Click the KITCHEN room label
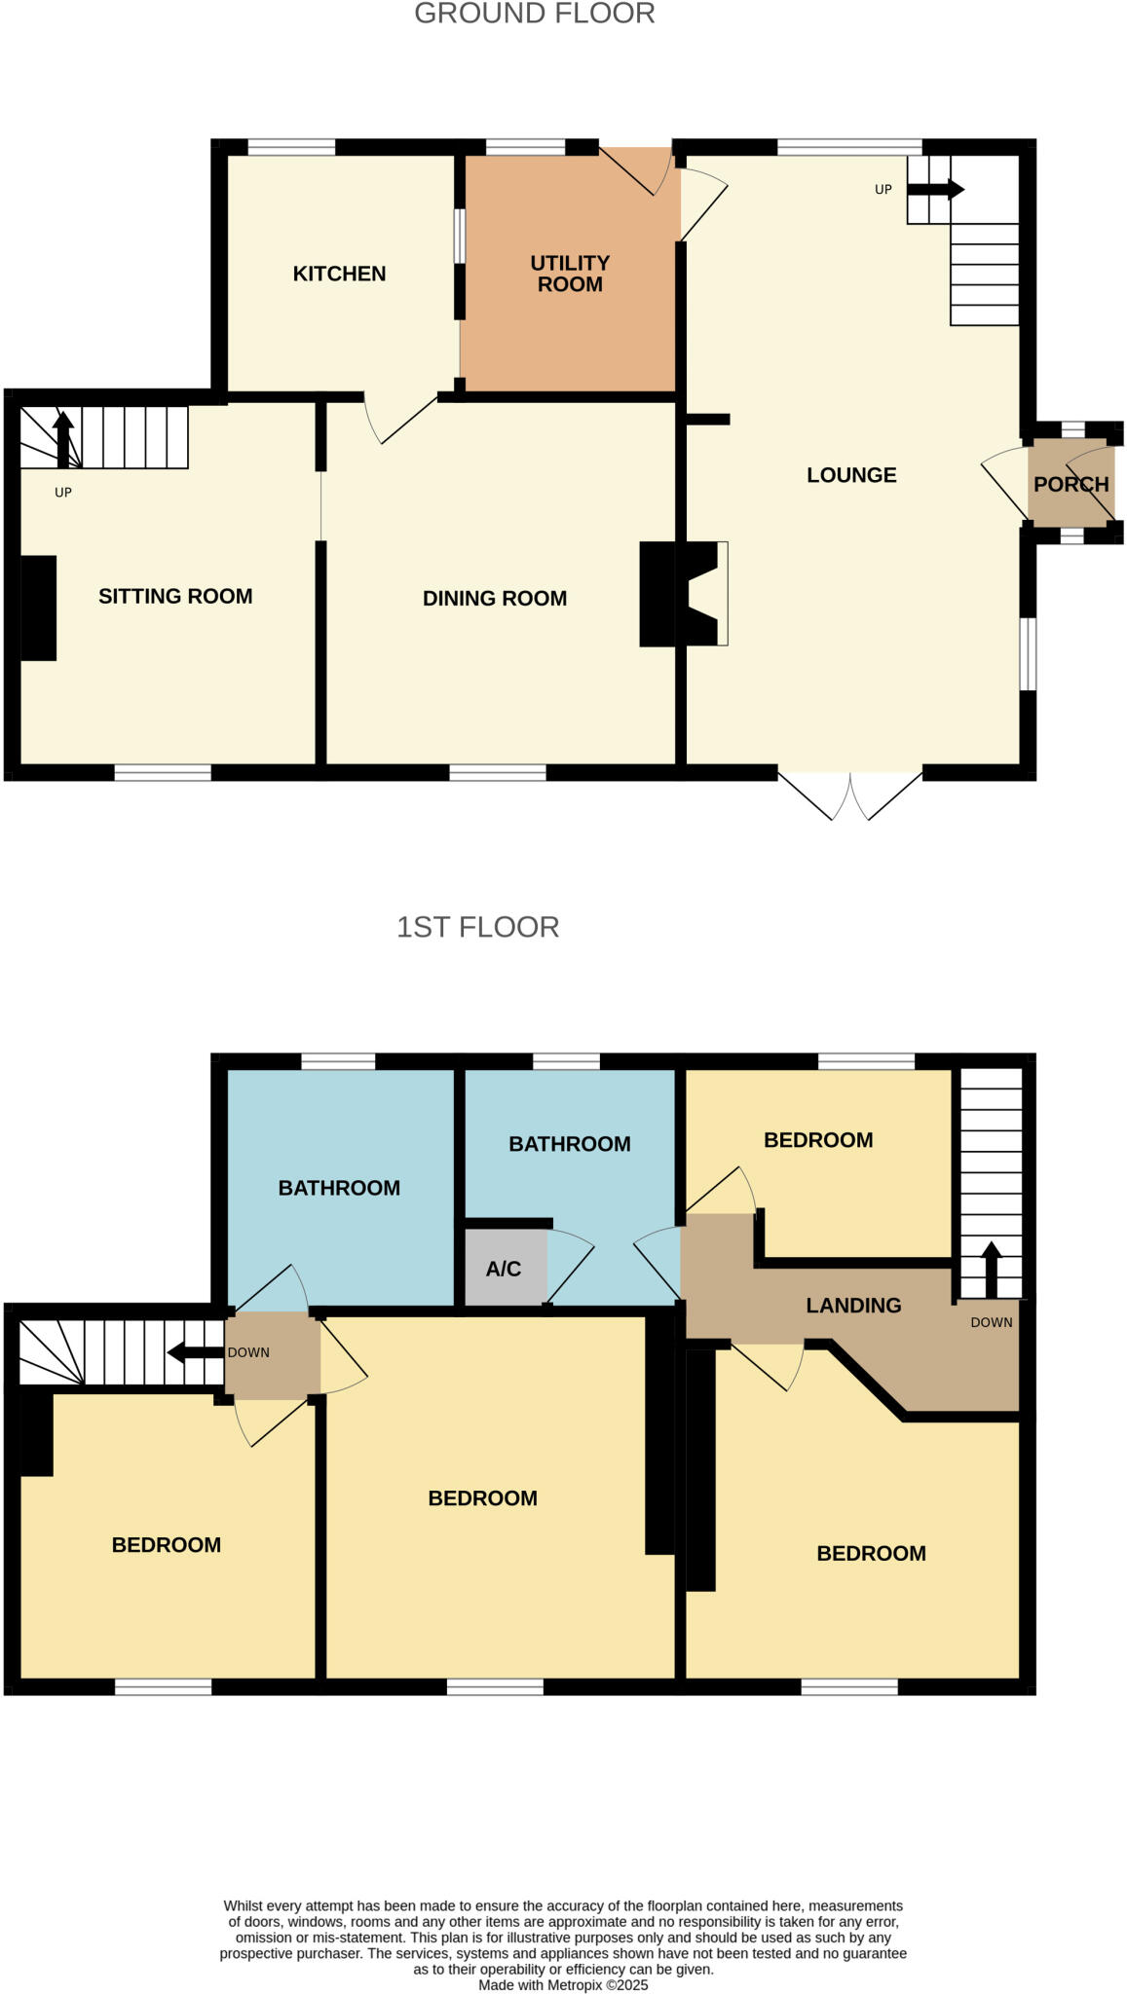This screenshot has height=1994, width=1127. click(x=339, y=274)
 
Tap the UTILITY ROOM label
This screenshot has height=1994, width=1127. click(x=570, y=274)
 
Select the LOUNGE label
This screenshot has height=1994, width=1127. click(x=850, y=475)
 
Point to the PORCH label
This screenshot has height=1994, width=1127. click(x=1071, y=484)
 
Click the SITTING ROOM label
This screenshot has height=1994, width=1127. click(x=175, y=596)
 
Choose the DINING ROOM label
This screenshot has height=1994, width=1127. click(x=494, y=598)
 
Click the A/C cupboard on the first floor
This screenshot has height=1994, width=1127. click(x=504, y=1269)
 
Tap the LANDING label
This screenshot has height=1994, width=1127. click(x=852, y=1306)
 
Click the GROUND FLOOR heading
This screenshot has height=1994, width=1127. click(x=534, y=14)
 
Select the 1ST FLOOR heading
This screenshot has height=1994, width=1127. click(x=477, y=926)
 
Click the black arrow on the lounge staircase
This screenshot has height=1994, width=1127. click(x=935, y=190)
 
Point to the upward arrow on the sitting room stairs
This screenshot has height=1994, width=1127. click(x=63, y=439)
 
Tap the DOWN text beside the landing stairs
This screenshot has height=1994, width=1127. click(x=991, y=1322)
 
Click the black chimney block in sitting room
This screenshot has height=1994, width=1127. click(x=38, y=608)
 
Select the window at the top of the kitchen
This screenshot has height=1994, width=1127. click(x=291, y=147)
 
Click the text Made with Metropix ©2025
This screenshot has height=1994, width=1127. click(x=563, y=1984)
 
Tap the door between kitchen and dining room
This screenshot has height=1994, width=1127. click(x=401, y=419)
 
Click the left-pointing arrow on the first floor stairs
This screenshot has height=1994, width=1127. click(x=195, y=1352)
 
